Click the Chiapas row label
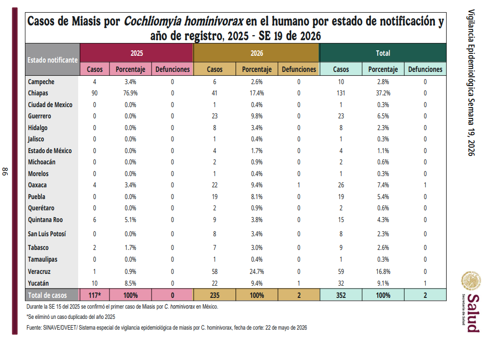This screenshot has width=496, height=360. (38, 93)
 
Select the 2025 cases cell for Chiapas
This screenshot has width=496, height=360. (95, 93)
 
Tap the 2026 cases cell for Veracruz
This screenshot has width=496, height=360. (215, 271)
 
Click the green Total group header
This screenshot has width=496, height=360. (383, 53)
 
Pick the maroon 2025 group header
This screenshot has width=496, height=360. (137, 53)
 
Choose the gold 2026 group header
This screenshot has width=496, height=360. (257, 53)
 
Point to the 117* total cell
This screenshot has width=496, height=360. (95, 295)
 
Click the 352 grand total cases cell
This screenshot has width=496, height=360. (341, 295)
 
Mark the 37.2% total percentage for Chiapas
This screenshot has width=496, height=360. (383, 93)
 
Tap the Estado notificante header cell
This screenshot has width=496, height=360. (52, 60)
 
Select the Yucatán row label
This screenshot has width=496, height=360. (38, 283)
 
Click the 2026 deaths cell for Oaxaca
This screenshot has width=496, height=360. (299, 185)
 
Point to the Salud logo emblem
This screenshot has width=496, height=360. (471, 281)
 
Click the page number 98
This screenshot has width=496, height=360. (5, 172)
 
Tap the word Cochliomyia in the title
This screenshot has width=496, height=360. (152, 22)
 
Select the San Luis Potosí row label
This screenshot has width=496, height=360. (47, 234)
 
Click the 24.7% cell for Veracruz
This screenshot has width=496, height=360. (257, 271)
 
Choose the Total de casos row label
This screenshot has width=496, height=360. (47, 295)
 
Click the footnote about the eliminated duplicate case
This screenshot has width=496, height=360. (71, 317)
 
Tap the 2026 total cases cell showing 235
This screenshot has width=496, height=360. (215, 295)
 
